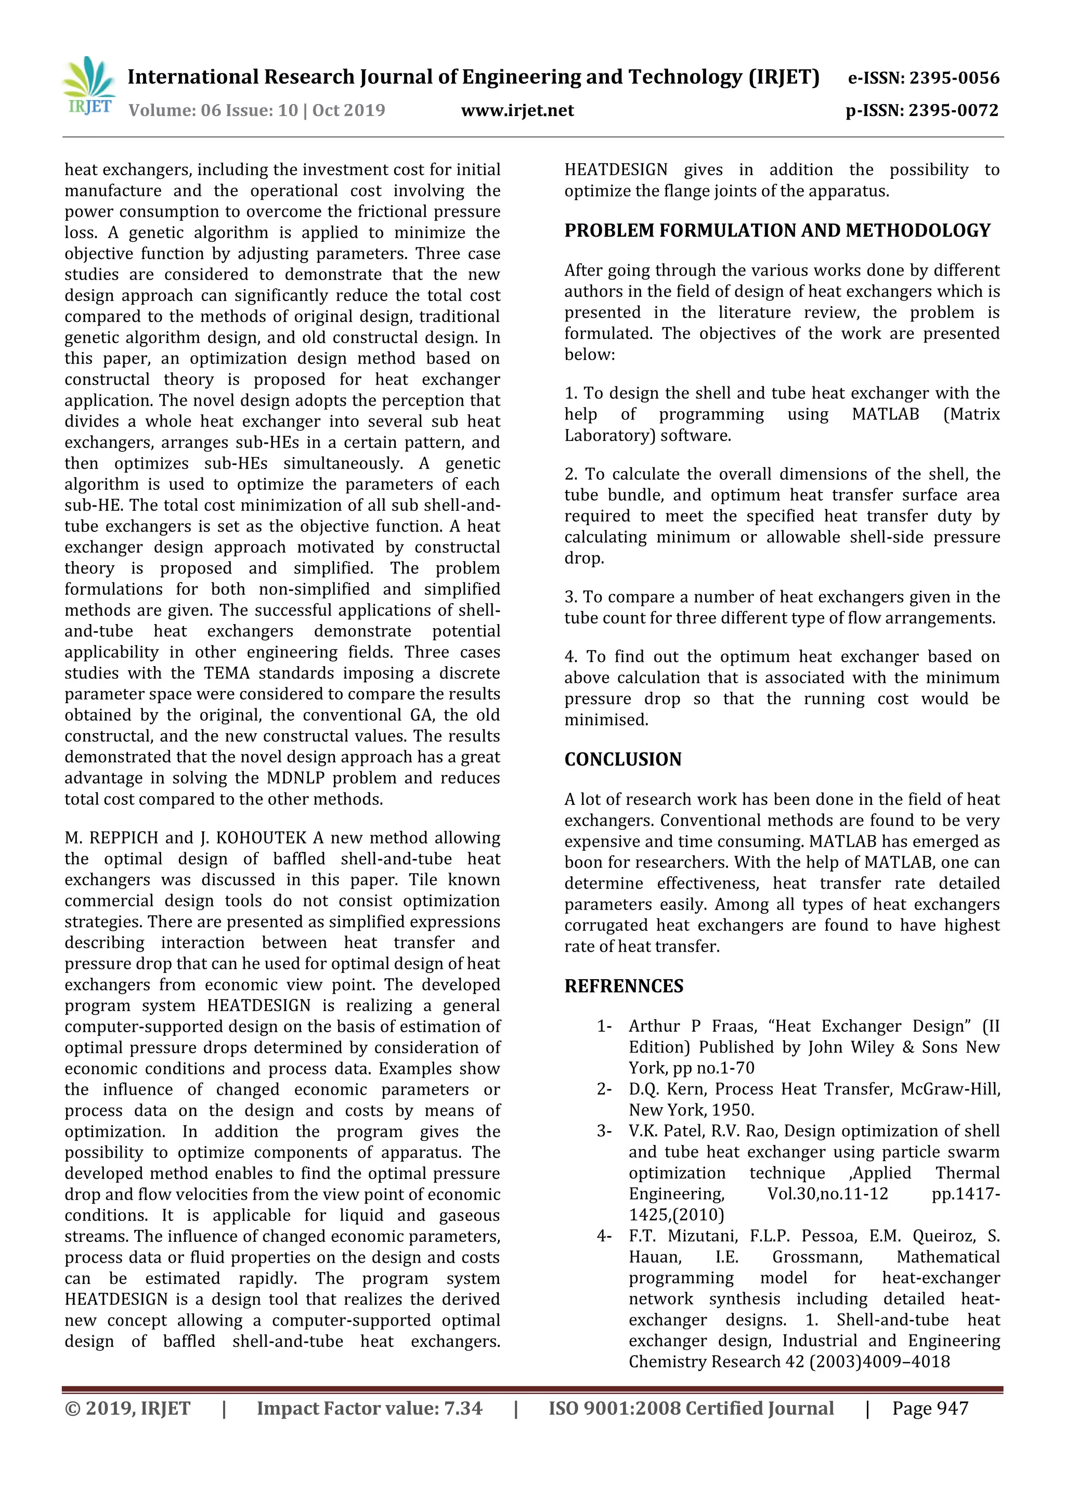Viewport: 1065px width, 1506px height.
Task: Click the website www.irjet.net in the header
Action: pyautogui.click(x=517, y=110)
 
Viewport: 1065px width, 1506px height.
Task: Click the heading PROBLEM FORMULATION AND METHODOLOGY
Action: pyautogui.click(x=777, y=231)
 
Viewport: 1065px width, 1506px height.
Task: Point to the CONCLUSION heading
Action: pyautogui.click(x=622, y=760)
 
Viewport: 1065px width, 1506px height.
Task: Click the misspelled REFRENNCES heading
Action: pyautogui.click(x=623, y=986)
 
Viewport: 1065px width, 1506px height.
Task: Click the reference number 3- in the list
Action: pyautogui.click(x=603, y=1132)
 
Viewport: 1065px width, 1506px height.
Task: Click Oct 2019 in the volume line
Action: pyautogui.click(x=348, y=110)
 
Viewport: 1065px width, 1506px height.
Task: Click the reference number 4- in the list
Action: pyautogui.click(x=603, y=1237)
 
